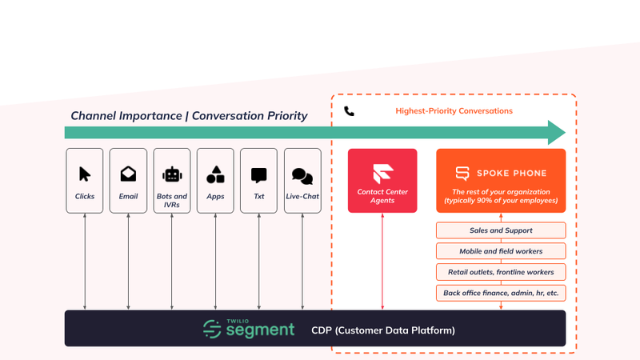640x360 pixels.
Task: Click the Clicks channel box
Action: click(85, 181)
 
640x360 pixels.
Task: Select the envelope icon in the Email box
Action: click(128, 174)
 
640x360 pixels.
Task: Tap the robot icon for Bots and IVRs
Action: click(172, 174)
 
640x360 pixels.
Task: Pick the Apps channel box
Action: click(215, 181)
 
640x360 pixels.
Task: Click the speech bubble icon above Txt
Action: click(258, 174)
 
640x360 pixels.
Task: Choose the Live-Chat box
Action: click(302, 181)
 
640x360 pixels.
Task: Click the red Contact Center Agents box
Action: click(382, 181)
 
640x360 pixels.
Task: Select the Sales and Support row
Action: click(501, 231)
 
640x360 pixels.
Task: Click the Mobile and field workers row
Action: click(501, 251)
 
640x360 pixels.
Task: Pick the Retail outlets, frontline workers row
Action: click(501, 272)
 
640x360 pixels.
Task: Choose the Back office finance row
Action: click(501, 293)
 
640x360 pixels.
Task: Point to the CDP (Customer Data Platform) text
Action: click(372, 330)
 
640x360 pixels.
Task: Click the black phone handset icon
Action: click(349, 111)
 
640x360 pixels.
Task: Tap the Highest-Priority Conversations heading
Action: click(454, 111)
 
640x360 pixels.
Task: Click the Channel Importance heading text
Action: click(189, 115)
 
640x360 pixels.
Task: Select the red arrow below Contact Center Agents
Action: click(382, 261)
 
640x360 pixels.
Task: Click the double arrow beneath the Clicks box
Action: click(85, 261)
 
